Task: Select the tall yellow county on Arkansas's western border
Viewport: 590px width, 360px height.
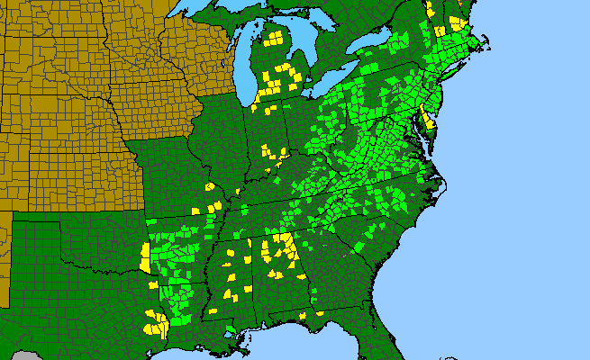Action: point(146,257)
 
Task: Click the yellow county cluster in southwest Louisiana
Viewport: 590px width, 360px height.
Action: point(158,324)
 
